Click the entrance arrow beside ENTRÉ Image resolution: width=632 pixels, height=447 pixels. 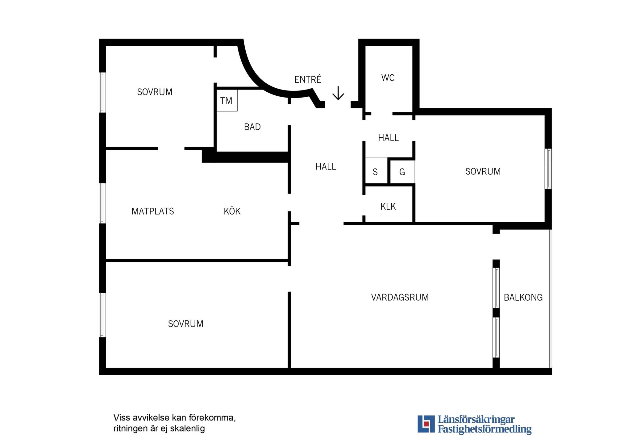click(x=338, y=93)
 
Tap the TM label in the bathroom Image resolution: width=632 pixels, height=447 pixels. click(x=226, y=101)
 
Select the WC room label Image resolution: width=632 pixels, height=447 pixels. click(x=388, y=78)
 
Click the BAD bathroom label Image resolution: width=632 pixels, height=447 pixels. click(x=252, y=127)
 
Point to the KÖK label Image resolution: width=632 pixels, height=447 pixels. click(x=232, y=211)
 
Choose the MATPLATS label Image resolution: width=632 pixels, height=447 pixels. click(x=153, y=211)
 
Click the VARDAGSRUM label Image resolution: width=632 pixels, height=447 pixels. click(x=400, y=298)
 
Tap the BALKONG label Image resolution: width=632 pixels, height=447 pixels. click(x=523, y=298)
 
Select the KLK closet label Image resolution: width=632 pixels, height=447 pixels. click(x=388, y=207)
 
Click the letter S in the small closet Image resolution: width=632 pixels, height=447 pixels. click(x=375, y=172)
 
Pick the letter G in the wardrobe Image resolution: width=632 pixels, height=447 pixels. click(x=402, y=172)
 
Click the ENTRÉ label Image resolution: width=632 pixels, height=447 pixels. click(x=308, y=79)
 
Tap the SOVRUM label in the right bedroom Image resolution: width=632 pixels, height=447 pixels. click(x=483, y=172)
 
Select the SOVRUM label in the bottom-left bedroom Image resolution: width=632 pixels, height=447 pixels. click(x=186, y=324)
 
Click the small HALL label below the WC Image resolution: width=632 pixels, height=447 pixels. click(x=389, y=138)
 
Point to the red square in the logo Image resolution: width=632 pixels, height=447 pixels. click(x=426, y=424)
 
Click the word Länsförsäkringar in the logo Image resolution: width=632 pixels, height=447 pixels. click(x=476, y=420)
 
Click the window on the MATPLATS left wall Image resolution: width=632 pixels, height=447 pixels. click(x=102, y=203)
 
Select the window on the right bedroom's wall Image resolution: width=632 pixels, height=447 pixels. click(x=548, y=169)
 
